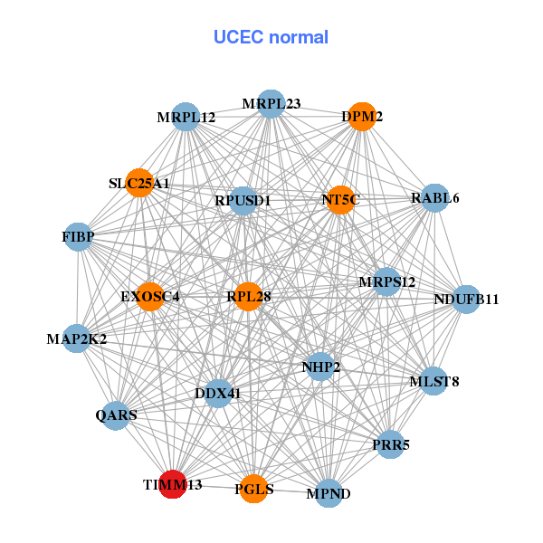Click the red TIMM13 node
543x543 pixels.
pos(172,485)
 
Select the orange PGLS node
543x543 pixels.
pos(253,489)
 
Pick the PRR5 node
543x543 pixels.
pos(390,444)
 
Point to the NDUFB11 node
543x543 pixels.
pos(465,300)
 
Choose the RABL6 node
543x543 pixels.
pos(435,198)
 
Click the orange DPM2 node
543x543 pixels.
pos(362,117)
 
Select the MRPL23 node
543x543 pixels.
pos(271,104)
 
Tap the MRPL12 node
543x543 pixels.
pos(186,118)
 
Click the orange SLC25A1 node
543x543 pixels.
pos(139,183)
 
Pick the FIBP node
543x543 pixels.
pos(78,237)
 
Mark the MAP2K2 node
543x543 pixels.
pos(77,339)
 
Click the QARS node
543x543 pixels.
pos(116,415)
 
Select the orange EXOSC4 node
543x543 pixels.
pos(149,296)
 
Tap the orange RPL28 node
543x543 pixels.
pos(248,296)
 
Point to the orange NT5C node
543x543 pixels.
pos(340,200)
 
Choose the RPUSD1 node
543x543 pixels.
pos(243,200)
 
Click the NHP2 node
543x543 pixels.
pos(321,367)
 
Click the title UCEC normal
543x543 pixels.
pos(271,37)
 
